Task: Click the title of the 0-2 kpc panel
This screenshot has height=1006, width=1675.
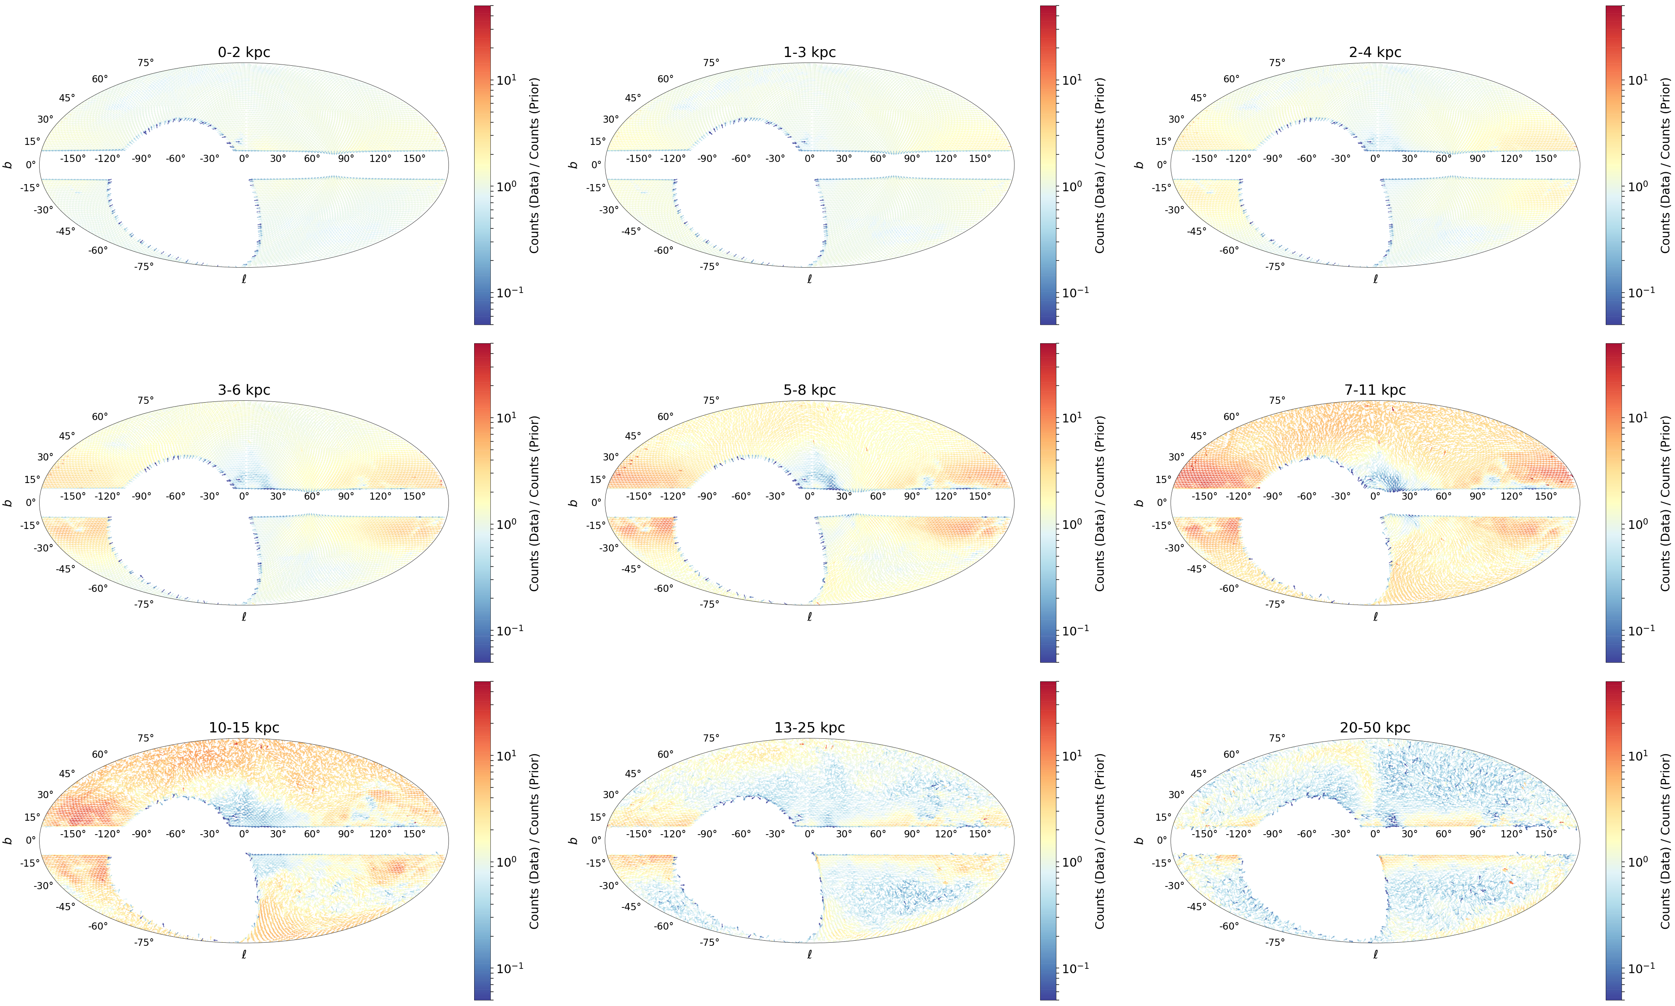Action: click(244, 52)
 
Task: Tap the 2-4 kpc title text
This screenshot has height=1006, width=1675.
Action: click(1375, 52)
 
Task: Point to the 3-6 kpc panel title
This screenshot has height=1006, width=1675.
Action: click(244, 390)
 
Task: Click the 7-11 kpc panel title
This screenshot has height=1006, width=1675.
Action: click(1375, 390)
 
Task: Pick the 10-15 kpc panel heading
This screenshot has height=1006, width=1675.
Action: click(244, 727)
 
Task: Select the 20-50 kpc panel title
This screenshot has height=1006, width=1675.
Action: click(1375, 727)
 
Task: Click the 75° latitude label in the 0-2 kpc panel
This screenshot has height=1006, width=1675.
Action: click(146, 63)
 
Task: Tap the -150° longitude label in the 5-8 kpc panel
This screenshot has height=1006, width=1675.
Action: click(638, 496)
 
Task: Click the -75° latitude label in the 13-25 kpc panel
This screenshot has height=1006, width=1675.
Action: click(709, 941)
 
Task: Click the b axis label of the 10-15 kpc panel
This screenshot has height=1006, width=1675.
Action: click(8, 841)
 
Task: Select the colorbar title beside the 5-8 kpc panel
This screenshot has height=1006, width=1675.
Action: click(1100, 503)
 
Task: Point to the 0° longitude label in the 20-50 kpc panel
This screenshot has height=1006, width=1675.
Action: click(1375, 834)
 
